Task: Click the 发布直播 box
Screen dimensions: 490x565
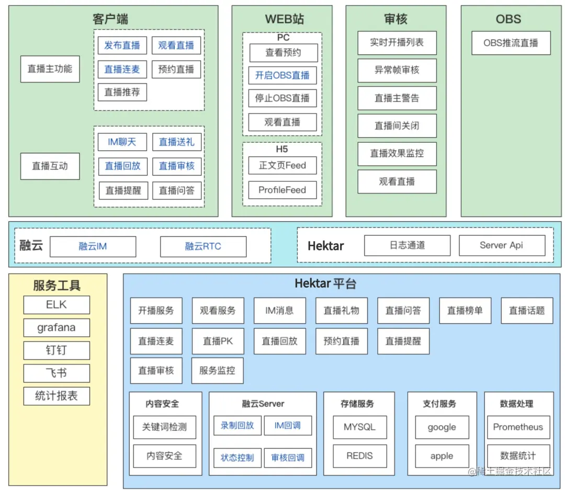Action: [122, 45]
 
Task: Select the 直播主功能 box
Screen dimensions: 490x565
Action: [50, 69]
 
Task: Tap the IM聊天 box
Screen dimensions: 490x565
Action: [122, 142]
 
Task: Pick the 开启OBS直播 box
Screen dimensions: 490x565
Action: [282, 75]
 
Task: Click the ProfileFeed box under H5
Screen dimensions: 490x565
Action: [282, 190]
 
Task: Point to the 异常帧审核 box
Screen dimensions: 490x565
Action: [397, 70]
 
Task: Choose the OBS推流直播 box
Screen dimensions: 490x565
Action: [511, 43]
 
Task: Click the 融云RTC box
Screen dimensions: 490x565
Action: [203, 246]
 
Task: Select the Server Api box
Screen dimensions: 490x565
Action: [502, 245]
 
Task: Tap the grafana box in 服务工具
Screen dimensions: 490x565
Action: [56, 328]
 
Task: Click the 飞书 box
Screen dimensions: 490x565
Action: [56, 373]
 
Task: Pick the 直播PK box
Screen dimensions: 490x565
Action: [218, 341]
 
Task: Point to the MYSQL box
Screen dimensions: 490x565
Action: [359, 427]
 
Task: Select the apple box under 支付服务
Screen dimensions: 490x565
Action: [442, 456]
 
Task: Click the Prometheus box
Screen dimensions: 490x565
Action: [518, 427]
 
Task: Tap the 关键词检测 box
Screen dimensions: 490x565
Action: [164, 427]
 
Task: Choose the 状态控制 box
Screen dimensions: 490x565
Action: [237, 458]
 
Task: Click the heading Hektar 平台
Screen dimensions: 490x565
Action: [325, 284]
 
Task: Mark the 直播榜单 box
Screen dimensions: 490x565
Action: [465, 311]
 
